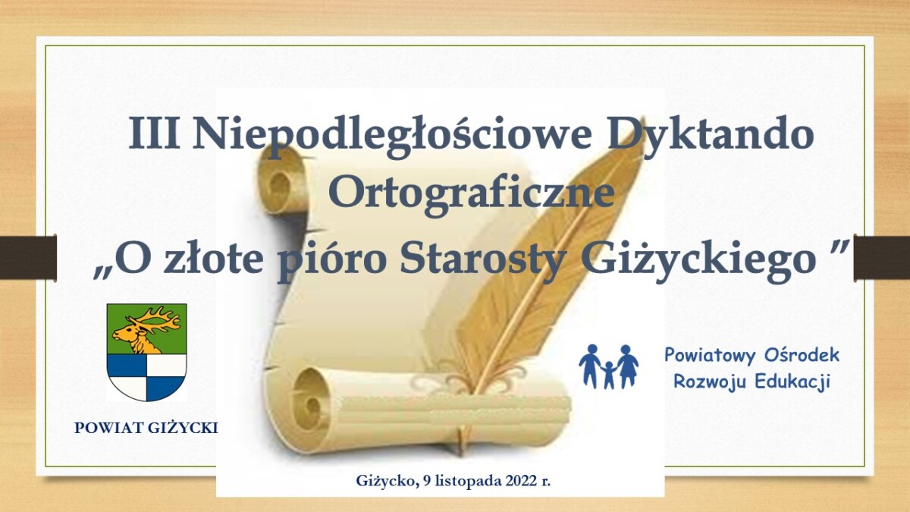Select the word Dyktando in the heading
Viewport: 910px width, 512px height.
pos(710,135)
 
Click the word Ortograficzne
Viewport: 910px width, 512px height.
pos(471,192)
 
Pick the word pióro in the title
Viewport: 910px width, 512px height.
pos(332,262)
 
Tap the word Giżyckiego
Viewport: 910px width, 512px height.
pos(698,262)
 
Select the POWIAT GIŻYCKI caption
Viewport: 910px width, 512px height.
pos(146,428)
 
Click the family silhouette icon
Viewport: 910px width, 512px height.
pos(608,366)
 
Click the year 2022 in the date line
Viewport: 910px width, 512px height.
pos(521,481)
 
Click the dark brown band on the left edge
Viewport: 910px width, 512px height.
pos(28,257)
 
